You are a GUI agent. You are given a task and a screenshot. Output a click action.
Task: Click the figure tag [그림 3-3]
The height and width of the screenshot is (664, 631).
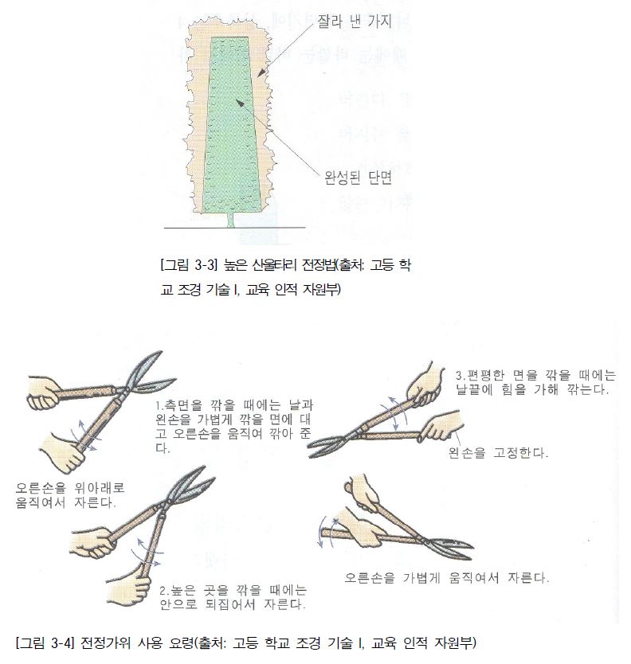point(185,264)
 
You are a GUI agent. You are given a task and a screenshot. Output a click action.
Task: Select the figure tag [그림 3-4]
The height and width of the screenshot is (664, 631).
point(43,642)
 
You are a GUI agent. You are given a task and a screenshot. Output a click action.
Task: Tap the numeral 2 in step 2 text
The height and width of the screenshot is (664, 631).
point(162,591)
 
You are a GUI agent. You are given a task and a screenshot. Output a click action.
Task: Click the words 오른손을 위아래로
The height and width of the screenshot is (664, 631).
point(70,488)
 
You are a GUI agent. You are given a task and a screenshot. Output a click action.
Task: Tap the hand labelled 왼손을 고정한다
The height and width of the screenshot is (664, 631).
point(441,429)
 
